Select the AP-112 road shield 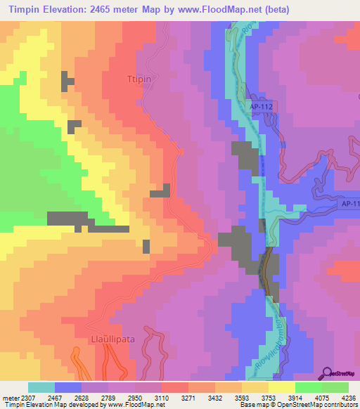point(261,106)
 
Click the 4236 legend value point(349,397)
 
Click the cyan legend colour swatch point(41,387)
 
